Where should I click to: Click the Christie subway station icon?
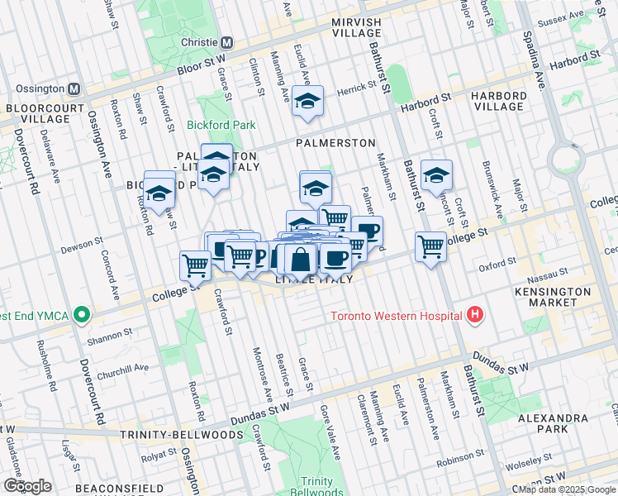[x=226, y=41]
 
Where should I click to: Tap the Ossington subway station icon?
[x=74, y=88]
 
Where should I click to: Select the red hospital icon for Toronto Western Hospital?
[x=474, y=314]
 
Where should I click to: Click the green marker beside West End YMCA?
[x=82, y=314]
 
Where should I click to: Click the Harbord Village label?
[x=498, y=101]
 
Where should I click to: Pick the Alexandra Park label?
[x=553, y=423]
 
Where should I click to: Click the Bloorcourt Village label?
[x=39, y=113]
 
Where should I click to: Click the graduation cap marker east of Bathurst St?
[x=436, y=175]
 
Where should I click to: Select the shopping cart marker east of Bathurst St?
[x=431, y=246]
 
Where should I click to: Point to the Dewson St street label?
[x=80, y=247]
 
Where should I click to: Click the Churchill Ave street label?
[x=127, y=368]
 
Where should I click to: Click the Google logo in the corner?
[x=27, y=486]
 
